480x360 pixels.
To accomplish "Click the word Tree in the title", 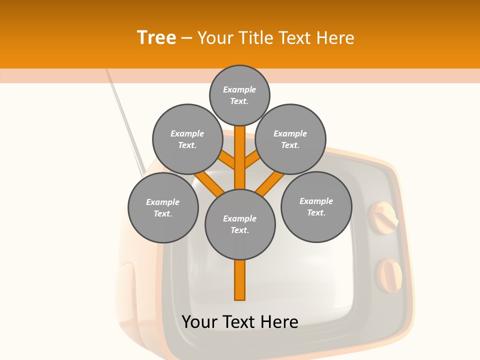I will [156, 37].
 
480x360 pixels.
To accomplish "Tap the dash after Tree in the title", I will [186, 38].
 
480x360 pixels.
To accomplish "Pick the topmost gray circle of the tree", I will [239, 95].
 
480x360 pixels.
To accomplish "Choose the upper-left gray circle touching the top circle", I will [187, 139].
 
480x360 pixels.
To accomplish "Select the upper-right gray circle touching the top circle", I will [290, 139].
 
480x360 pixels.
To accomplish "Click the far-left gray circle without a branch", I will [163, 207].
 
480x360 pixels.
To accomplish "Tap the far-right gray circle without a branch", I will [316, 206].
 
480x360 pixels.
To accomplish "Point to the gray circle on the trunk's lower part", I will [240, 224].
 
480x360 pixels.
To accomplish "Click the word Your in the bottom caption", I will [199, 322].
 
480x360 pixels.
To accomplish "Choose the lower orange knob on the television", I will [389, 274].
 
